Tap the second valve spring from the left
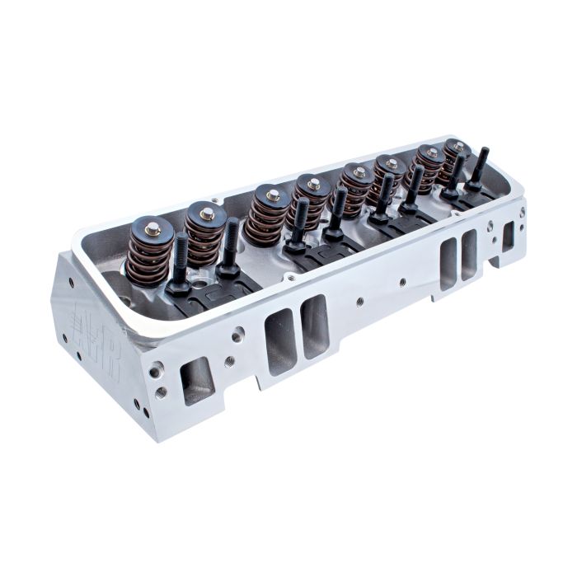click(205, 232)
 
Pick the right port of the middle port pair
click(314, 325)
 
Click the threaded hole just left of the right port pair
click(403, 281)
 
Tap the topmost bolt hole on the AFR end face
click(71, 282)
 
